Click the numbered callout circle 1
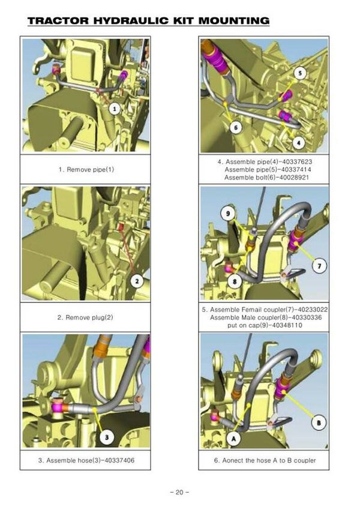tap(114, 109)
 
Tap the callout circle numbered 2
tap(137, 281)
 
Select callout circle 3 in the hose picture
tap(107, 437)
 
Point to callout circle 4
tap(299, 142)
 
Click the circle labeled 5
tap(300, 73)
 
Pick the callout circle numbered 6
tap(236, 128)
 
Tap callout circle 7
tap(319, 266)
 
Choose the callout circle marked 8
tap(235, 281)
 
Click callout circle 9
tap(228, 213)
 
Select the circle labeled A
tap(233, 439)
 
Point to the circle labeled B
tap(319, 423)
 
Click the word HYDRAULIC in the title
tap(131, 21)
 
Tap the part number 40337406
tap(118, 460)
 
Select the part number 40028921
tap(293, 178)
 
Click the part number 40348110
tap(286, 325)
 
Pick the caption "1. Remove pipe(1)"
tap(86, 169)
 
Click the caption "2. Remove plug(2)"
tap(85, 317)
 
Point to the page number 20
tap(179, 492)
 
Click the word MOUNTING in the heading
tap(234, 21)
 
